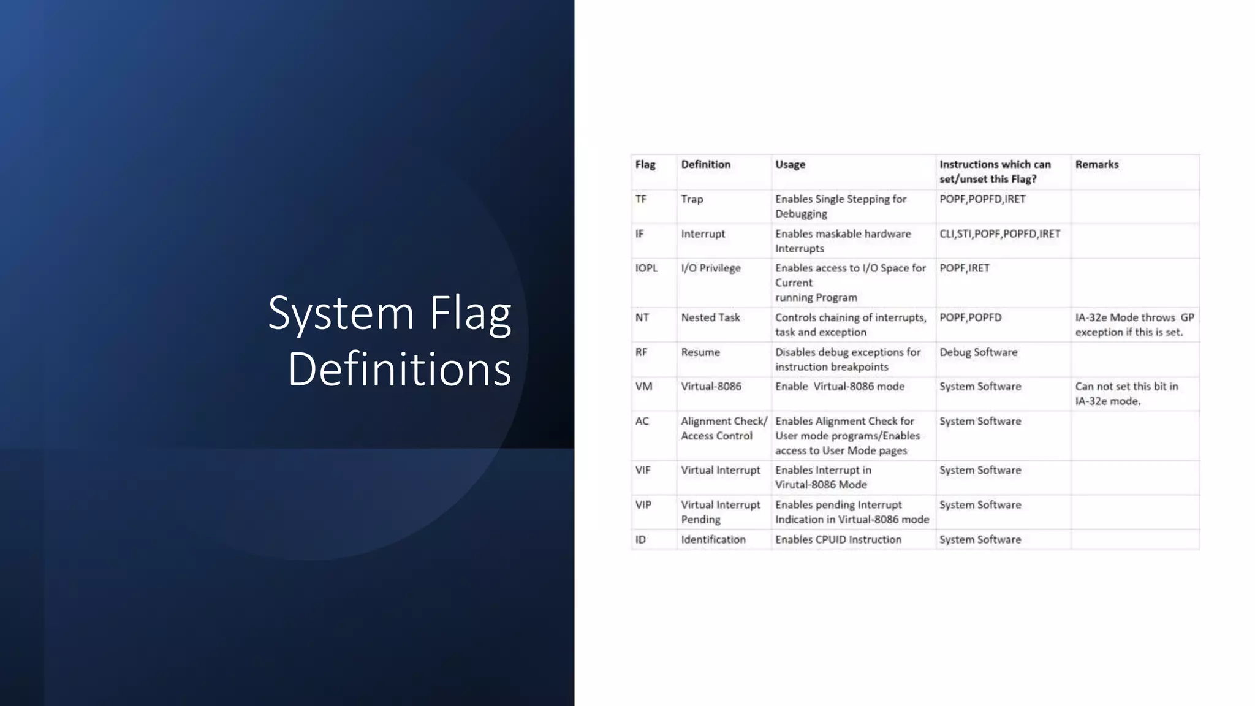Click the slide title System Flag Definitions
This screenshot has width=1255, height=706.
tap(390, 341)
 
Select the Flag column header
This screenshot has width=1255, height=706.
tap(645, 164)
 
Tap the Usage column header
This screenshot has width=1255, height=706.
tap(790, 164)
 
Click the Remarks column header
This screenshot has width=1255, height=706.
tap(1096, 164)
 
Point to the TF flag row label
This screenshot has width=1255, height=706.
tap(641, 199)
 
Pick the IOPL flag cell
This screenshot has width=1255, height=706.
tap(646, 268)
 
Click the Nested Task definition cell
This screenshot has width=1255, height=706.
tap(710, 317)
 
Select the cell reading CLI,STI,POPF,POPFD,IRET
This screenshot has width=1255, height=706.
tap(999, 233)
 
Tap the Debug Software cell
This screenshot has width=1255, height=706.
tap(978, 352)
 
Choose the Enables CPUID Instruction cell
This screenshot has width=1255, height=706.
tap(838, 539)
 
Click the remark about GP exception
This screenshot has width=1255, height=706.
tap(1134, 325)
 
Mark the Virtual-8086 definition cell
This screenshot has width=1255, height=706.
tap(711, 387)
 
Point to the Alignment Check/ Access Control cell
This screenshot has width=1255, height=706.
tap(723, 428)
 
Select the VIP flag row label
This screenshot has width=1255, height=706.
tap(643, 505)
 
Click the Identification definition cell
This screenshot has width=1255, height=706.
tap(713, 539)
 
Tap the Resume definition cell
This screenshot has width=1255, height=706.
tap(700, 352)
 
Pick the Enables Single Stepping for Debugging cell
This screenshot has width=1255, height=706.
tap(840, 207)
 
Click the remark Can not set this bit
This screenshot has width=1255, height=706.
tap(1126, 394)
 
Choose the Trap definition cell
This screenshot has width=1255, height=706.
tap(692, 199)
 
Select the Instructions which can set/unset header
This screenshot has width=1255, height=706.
tap(995, 172)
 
